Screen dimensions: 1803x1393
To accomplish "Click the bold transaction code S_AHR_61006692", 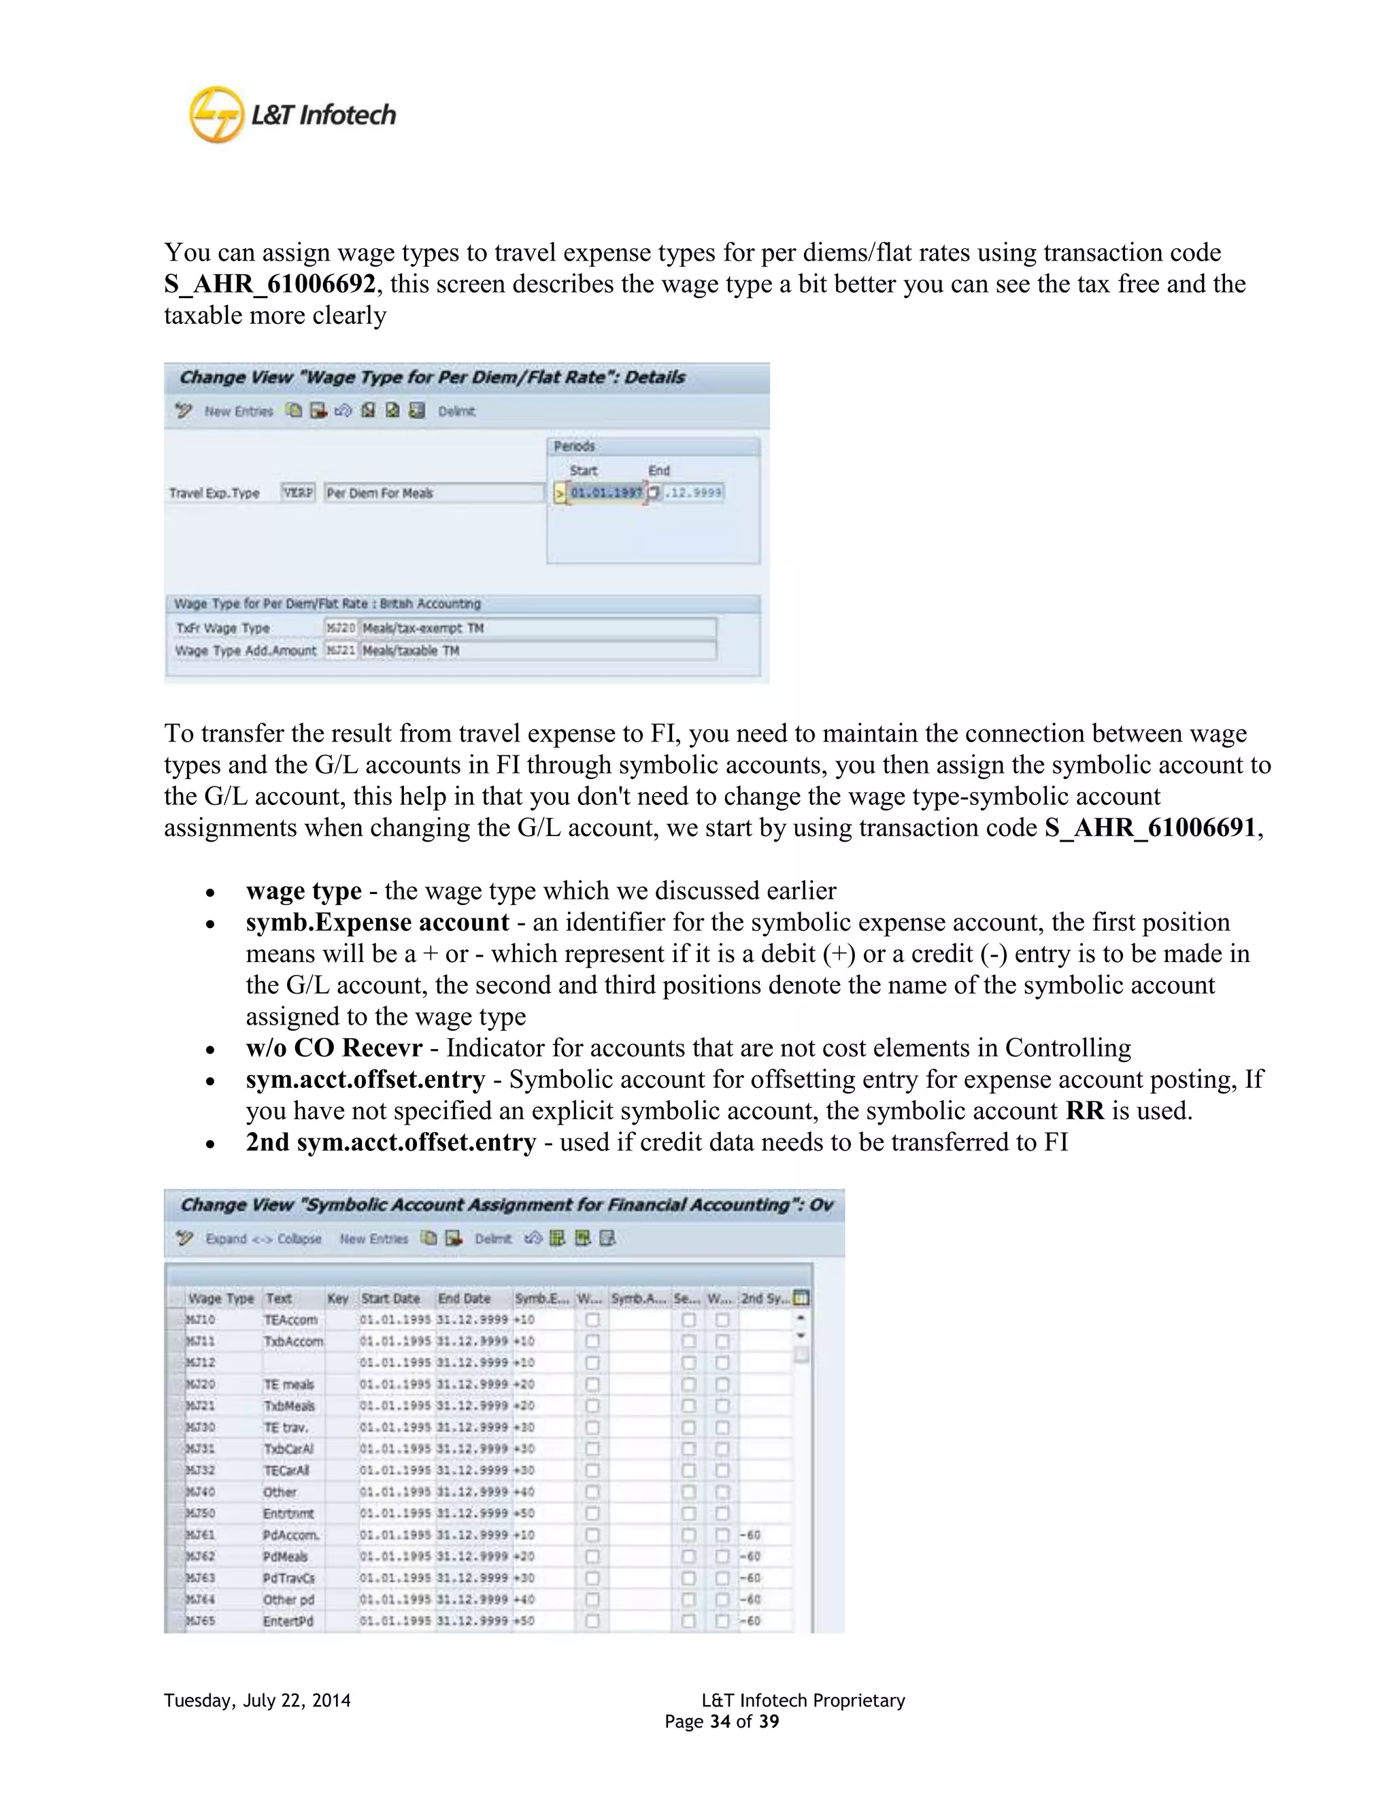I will (x=270, y=284).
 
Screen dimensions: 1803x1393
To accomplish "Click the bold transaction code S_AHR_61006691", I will (x=1149, y=827).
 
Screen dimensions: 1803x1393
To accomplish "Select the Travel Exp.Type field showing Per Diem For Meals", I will (x=433, y=493).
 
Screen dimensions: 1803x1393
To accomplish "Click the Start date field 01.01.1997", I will (x=606, y=493).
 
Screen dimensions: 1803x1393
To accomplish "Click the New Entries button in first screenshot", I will (x=239, y=411).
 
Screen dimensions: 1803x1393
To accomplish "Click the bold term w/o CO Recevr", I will (x=333, y=1048).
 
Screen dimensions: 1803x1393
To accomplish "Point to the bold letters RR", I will (x=1084, y=1110).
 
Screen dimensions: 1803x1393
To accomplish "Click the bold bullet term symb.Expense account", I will (x=377, y=922).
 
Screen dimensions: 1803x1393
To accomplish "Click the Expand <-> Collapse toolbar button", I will (x=263, y=1238).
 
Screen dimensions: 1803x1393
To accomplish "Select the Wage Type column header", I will (x=220, y=1299).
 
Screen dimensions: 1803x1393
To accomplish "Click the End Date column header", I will (x=464, y=1299).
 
